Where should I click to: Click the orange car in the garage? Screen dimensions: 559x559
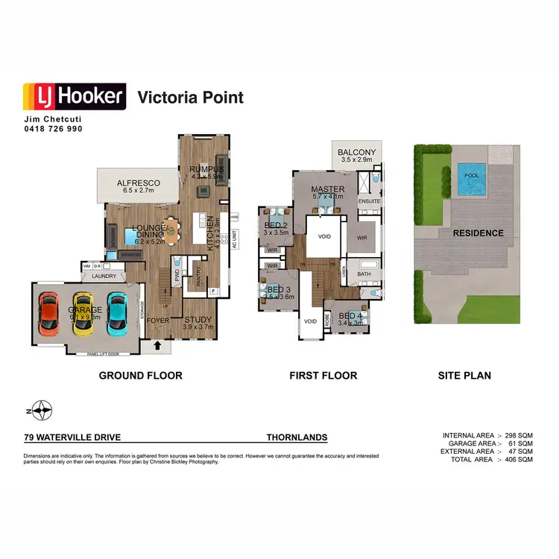click(49, 313)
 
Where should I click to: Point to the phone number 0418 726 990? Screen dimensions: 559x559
click(52, 129)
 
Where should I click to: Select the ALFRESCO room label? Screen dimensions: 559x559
click(139, 182)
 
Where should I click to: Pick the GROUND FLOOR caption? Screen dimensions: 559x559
click(140, 376)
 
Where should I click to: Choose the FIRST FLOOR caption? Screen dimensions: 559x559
click(323, 376)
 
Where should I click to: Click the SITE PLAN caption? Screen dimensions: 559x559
click(464, 376)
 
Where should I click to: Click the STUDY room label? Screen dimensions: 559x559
click(199, 319)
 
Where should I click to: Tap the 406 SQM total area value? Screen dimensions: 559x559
click(520, 460)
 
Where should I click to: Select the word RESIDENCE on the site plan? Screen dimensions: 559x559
click(478, 233)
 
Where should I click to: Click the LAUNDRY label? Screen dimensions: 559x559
click(104, 275)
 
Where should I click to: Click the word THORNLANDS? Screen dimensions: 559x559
click(297, 438)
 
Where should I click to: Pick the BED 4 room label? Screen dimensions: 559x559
click(350, 316)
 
